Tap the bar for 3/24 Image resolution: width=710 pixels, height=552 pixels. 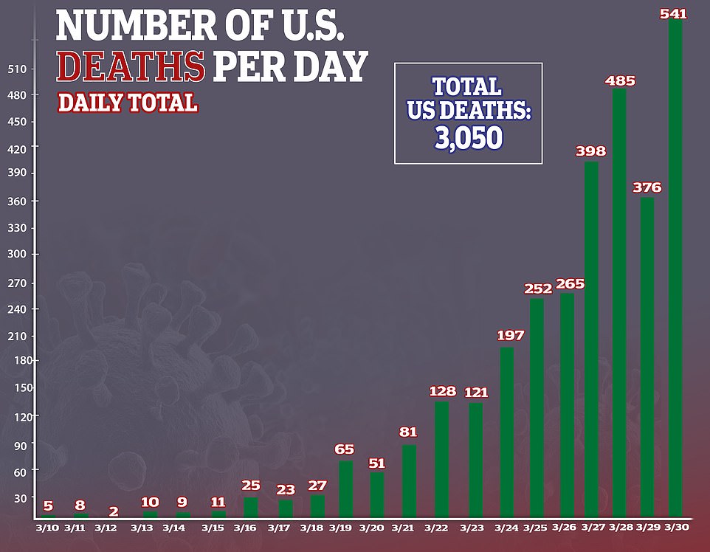(507, 432)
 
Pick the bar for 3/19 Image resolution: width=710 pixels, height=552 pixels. (345, 489)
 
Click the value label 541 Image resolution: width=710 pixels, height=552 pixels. (675, 14)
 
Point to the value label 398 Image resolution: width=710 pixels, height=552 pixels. (590, 151)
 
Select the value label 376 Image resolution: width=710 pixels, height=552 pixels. (647, 187)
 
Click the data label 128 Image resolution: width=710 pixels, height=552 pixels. (443, 391)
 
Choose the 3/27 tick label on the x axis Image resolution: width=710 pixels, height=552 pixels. (594, 528)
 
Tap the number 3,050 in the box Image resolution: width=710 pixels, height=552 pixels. (468, 137)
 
